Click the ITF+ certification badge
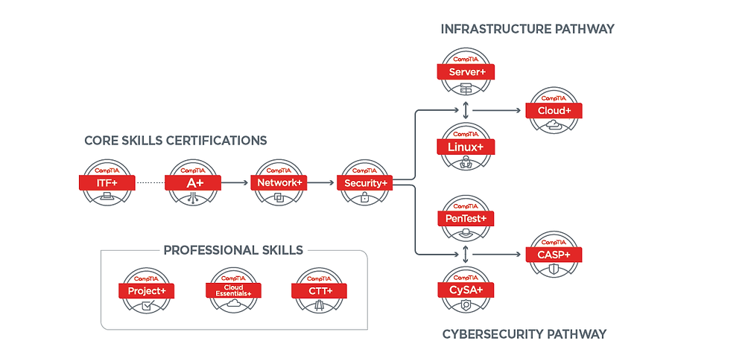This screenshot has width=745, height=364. (107, 182)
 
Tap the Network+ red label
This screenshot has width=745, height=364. (279, 182)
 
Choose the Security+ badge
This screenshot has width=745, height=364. (365, 182)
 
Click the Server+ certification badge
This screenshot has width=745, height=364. (466, 72)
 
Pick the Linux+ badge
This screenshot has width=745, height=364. (466, 147)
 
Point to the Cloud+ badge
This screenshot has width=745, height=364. (554, 111)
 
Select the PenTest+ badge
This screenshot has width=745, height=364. (466, 219)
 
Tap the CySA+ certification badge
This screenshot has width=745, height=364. (466, 289)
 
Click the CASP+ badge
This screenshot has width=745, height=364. (554, 255)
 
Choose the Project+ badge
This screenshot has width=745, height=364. (147, 290)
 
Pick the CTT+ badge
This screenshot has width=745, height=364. (319, 290)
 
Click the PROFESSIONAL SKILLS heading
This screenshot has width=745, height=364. (233, 250)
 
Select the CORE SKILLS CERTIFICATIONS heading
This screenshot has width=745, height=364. (175, 140)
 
